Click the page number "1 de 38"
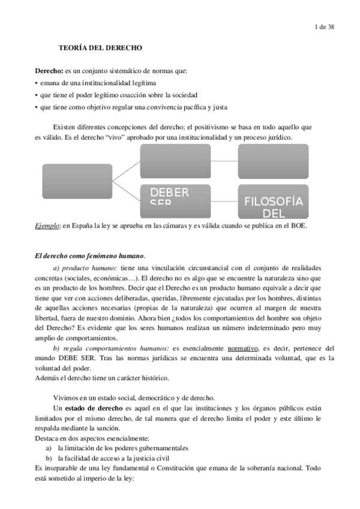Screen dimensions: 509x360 tap(325, 26)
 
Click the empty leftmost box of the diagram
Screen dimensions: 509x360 tap(77, 181)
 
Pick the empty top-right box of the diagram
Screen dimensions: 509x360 tap(274, 161)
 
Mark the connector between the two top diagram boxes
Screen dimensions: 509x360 tap(224, 161)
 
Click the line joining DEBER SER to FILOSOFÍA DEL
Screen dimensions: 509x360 tap(224, 200)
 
